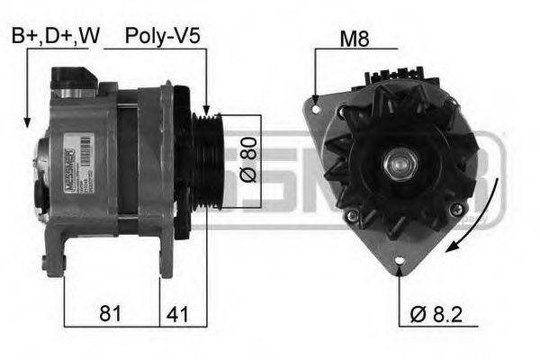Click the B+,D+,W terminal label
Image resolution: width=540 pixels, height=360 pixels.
(x=55, y=36)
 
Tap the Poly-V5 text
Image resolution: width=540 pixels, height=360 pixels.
(x=162, y=36)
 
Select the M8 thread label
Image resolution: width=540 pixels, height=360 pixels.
(x=355, y=39)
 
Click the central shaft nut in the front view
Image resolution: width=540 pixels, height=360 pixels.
(x=397, y=165)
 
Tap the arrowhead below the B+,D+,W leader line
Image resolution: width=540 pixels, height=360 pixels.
(x=28, y=122)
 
